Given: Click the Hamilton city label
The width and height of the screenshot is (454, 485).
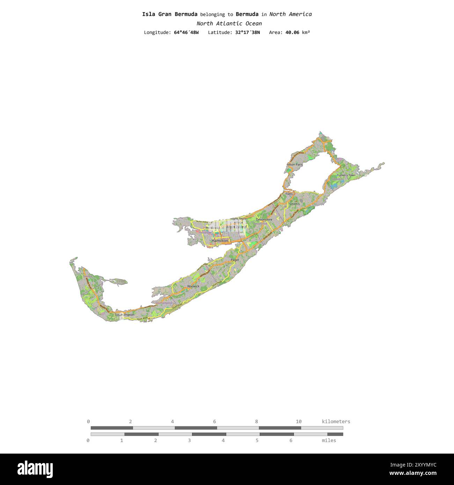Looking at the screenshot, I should (x=220, y=241).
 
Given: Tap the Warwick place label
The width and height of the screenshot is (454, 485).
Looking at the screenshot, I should (x=193, y=286).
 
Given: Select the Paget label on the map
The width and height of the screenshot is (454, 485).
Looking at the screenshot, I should (x=235, y=260).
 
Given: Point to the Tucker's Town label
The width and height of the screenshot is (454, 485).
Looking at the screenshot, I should (x=346, y=175).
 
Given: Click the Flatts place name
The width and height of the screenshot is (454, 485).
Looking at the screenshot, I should (x=289, y=194).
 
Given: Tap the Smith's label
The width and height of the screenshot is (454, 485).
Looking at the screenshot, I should (x=294, y=204).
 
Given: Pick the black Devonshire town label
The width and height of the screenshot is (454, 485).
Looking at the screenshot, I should (x=264, y=219).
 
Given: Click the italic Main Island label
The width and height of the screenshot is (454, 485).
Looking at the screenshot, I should (x=236, y=227).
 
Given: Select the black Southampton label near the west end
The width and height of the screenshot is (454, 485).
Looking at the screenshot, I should (x=124, y=315).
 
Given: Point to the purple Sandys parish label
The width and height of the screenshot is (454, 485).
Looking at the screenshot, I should (x=88, y=276).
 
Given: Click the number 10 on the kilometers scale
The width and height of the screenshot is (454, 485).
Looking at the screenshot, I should (x=299, y=421).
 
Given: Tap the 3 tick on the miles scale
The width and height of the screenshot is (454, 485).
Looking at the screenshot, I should (x=189, y=440).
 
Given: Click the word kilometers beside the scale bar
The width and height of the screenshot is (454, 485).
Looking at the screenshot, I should (x=336, y=421).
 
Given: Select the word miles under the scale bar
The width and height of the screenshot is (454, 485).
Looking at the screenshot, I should (x=329, y=440).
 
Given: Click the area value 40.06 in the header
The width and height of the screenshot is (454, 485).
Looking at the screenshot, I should (x=292, y=32).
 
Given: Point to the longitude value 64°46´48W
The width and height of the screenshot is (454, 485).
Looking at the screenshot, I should (x=186, y=32).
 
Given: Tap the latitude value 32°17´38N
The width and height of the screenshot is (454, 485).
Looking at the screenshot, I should (x=247, y=32).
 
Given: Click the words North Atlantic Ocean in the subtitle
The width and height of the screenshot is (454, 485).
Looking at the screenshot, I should (x=229, y=24).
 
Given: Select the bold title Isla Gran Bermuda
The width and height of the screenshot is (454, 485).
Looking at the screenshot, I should (x=170, y=14).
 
